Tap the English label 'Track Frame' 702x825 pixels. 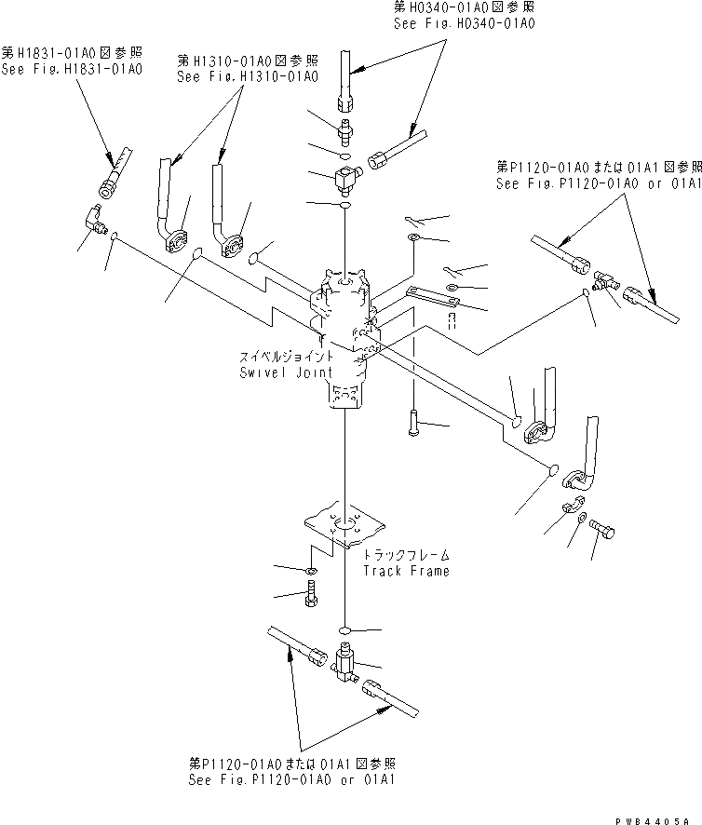click(406, 571)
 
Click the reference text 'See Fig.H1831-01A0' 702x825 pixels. click(71, 69)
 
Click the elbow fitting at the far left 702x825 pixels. click(95, 220)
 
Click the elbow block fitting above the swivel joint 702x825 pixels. click(344, 171)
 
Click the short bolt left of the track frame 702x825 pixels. click(312, 590)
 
